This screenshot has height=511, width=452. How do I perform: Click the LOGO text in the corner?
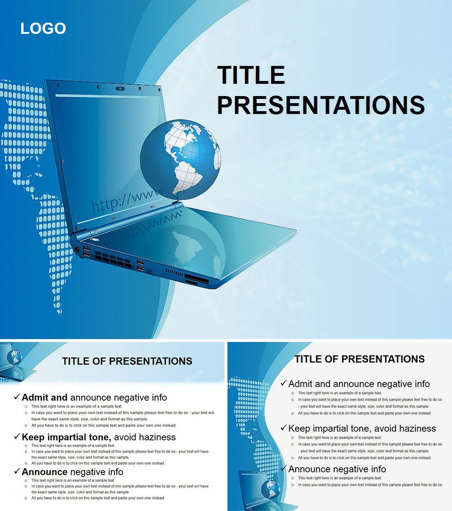43,29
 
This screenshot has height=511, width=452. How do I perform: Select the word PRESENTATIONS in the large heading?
320,105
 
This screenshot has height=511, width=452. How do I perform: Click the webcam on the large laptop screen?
121,88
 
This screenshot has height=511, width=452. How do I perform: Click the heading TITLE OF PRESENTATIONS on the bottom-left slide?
127,361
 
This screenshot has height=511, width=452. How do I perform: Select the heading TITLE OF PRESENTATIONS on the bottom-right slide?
359,359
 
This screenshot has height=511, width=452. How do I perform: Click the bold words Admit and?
44,397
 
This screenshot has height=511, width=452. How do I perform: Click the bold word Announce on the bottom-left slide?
44,472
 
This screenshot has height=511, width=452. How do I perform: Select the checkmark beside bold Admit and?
17,397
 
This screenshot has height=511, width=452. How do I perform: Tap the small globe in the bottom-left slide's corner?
14,356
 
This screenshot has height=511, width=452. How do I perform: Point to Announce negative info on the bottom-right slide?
337,469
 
